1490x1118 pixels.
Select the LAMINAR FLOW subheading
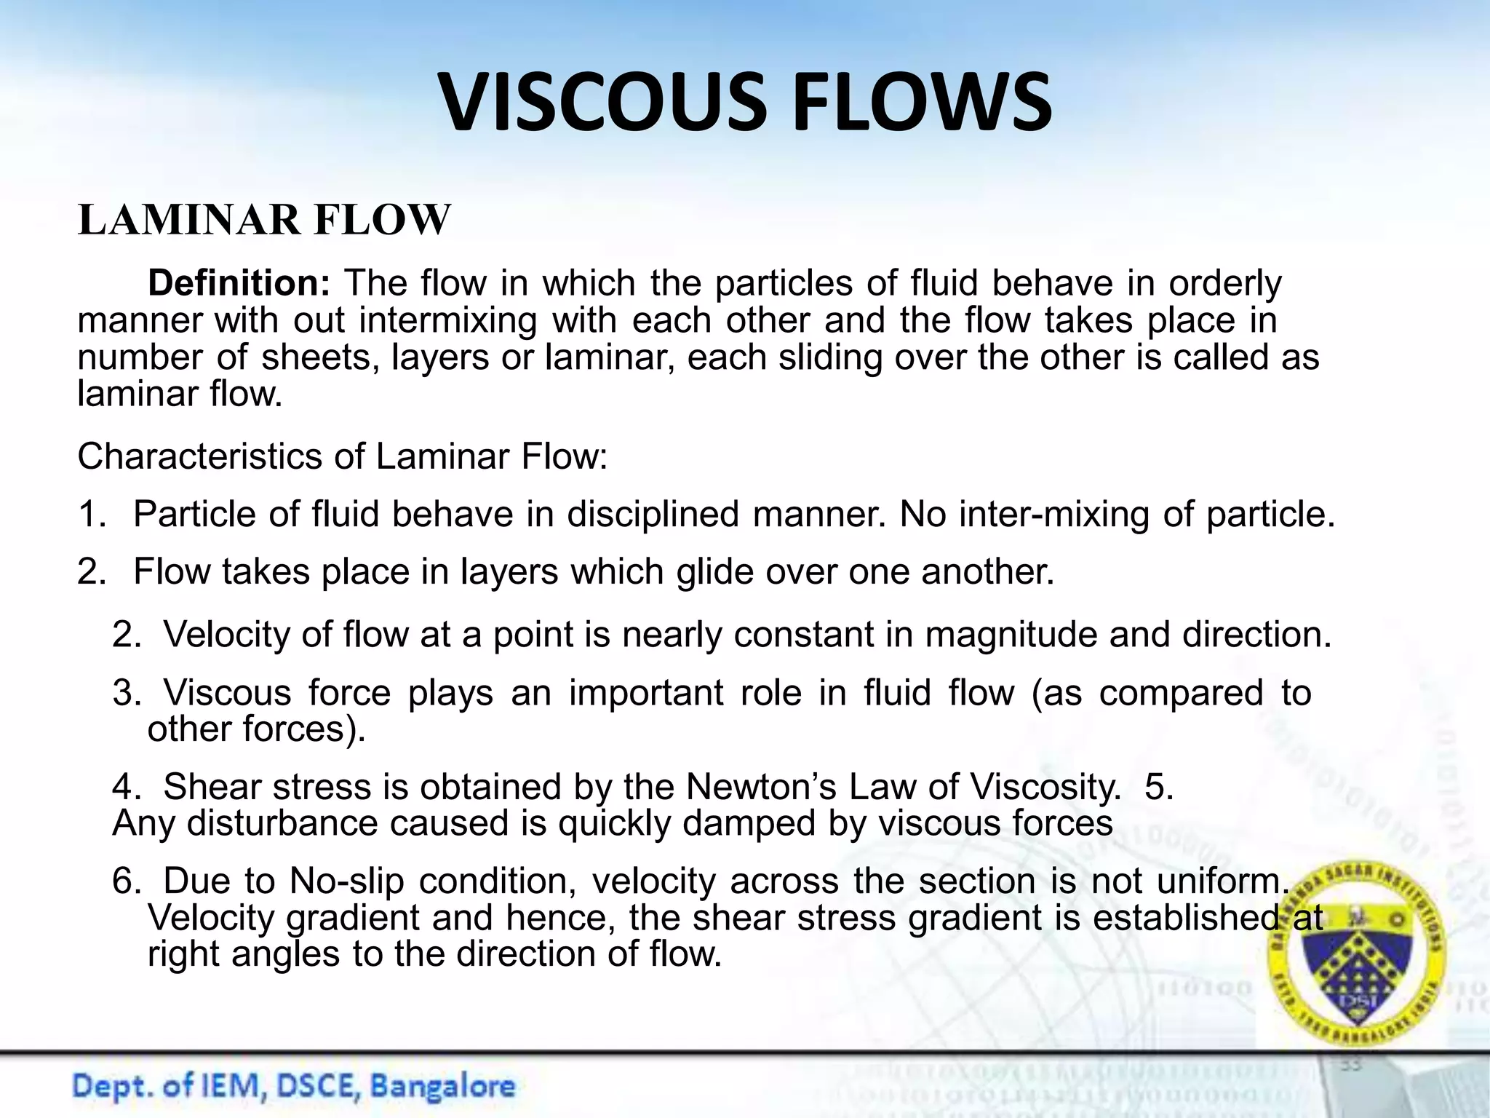(264, 220)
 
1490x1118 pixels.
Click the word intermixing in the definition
(447, 320)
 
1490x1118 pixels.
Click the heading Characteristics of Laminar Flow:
(342, 457)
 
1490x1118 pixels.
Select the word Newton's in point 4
(760, 787)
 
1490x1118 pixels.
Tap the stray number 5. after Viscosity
(1159, 787)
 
